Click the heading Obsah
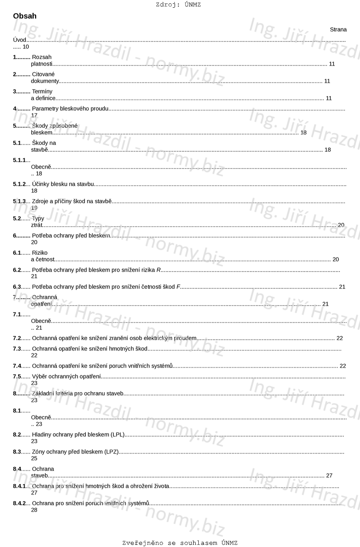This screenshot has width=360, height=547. (x=25, y=16)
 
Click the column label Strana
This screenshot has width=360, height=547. (x=338, y=29)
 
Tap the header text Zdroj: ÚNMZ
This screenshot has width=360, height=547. (x=178, y=5)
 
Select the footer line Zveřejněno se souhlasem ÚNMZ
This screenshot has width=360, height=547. (x=180, y=543)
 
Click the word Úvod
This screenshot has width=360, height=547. (x=19, y=40)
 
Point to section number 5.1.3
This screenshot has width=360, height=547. (x=19, y=201)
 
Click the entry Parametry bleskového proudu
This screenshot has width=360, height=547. (x=70, y=109)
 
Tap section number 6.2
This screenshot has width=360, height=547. (x=17, y=270)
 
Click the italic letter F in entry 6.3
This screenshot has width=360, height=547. (x=178, y=287)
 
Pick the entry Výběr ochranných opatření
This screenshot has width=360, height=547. (x=66, y=376)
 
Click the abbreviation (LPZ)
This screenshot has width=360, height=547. (x=111, y=452)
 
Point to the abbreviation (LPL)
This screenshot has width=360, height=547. (x=117, y=434)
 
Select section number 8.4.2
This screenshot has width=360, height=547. (x=19, y=503)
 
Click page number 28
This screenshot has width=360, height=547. (x=34, y=510)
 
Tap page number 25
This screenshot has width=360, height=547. (x=34, y=458)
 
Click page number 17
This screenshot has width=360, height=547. (x=34, y=115)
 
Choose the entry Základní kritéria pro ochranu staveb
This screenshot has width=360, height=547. (x=78, y=394)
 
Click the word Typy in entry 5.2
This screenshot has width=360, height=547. (x=38, y=219)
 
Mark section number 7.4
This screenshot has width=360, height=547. (x=17, y=366)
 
